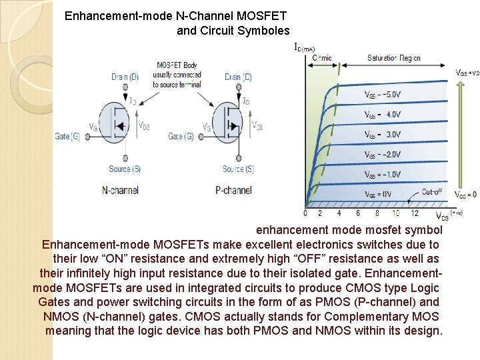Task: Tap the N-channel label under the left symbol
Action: (120, 190)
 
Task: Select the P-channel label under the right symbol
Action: (234, 190)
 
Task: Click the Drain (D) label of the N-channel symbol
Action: (125, 77)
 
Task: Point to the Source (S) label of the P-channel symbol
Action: (238, 169)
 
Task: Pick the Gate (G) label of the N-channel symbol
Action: (68, 137)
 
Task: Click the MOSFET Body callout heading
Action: (177, 65)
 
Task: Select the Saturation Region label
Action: (394, 58)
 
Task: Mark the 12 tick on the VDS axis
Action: (415, 213)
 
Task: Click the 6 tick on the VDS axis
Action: (358, 213)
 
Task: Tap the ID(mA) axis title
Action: (305, 47)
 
